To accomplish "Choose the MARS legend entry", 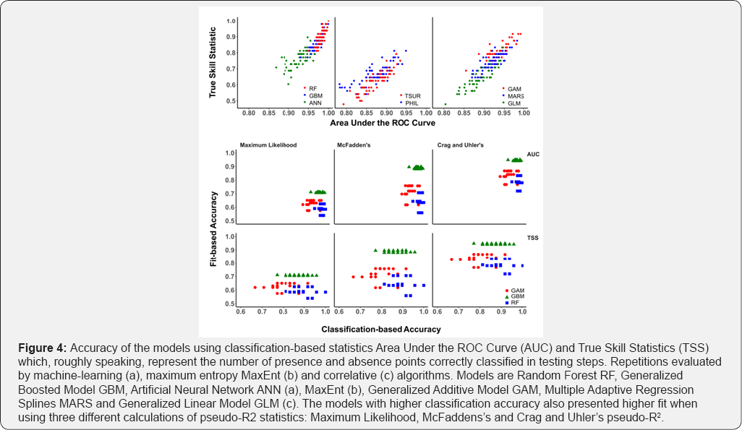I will [x=516, y=95].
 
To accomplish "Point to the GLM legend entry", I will [x=514, y=103].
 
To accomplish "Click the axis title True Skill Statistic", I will [x=213, y=61].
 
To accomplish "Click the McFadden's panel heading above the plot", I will [x=354, y=145].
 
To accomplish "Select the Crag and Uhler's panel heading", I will [x=461, y=145].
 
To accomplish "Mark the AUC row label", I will [x=533, y=154].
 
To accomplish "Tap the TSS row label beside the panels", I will [x=532, y=238].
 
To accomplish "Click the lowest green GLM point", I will [x=445, y=104].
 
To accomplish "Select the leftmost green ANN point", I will [x=276, y=67].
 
